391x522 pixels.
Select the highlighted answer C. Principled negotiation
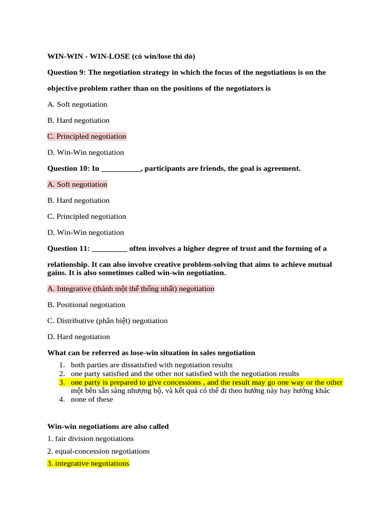click(x=87, y=136)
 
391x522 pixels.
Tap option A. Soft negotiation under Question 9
click(x=77, y=105)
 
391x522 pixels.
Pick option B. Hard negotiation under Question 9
click(x=78, y=120)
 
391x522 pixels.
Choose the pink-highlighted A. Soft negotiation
click(x=77, y=184)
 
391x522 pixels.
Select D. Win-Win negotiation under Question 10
click(x=86, y=232)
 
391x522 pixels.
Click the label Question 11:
click(x=69, y=249)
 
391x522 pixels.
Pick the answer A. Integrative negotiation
click(x=131, y=289)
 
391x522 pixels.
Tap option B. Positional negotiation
click(x=86, y=305)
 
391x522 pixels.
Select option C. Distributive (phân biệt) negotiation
click(x=107, y=321)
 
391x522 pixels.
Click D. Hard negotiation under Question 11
click(x=78, y=336)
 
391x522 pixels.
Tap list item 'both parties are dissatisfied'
click(x=152, y=365)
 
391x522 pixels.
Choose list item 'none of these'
click(x=92, y=399)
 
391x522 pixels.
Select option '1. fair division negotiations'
click(x=91, y=438)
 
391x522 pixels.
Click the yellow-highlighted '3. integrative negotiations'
click(x=88, y=463)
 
